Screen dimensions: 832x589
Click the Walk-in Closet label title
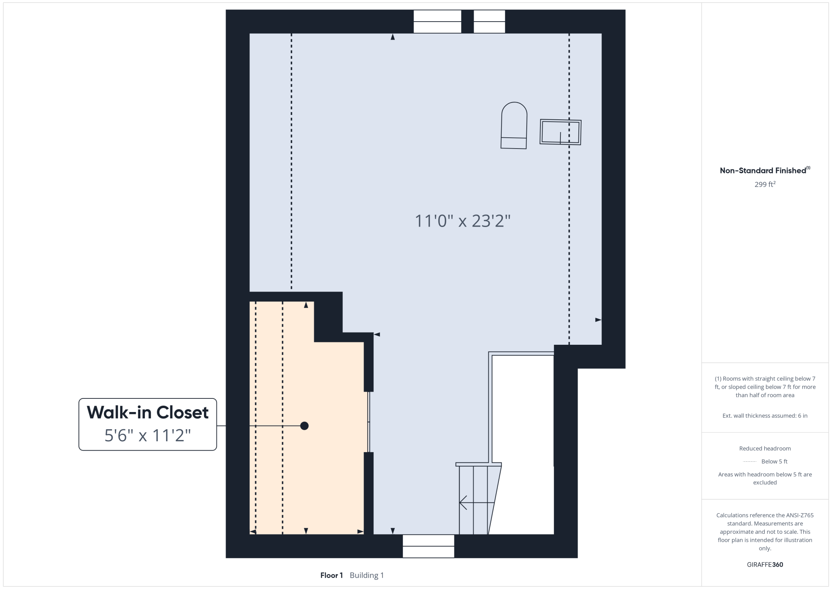pos(148,412)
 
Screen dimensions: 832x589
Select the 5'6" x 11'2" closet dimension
pos(148,435)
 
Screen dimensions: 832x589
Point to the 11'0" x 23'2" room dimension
pos(463,221)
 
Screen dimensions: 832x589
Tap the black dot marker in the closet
pos(304,426)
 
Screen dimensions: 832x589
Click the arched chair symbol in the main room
pos(514,125)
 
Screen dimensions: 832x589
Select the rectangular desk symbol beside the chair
pos(560,132)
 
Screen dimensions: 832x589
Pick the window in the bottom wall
pos(428,546)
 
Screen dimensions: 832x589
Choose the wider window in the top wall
pos(437,22)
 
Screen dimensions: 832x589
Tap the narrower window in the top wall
pos(489,22)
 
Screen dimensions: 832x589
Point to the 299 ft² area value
pos(765,184)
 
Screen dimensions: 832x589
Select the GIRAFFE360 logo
pos(765,565)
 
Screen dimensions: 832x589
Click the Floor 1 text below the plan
pos(332,575)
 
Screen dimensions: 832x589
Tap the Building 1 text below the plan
pos(367,575)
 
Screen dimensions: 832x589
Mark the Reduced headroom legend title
pos(765,448)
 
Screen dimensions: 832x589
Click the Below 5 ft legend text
pos(774,461)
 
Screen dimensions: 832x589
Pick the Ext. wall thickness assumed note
pos(765,416)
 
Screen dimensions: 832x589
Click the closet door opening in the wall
pos(368,422)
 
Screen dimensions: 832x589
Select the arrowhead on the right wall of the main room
pos(598,320)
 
